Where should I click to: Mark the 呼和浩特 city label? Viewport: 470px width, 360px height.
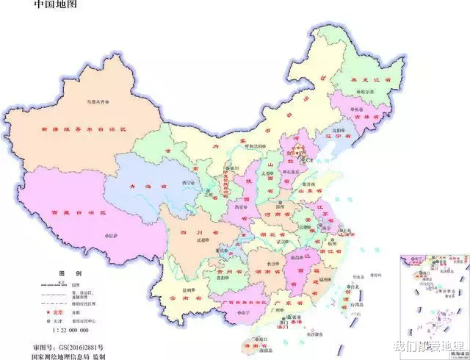[x=253, y=145]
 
